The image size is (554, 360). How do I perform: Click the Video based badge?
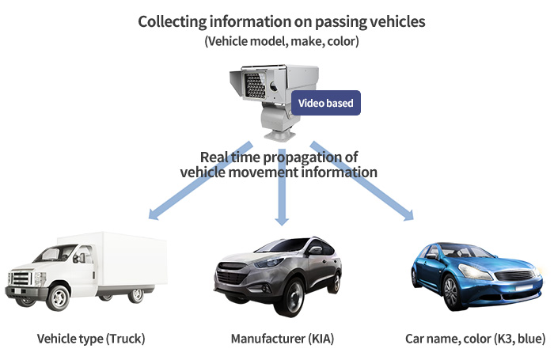(x=326, y=103)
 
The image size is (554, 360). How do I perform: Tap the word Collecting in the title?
(x=172, y=21)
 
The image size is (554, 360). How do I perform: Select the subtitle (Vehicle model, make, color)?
(x=282, y=41)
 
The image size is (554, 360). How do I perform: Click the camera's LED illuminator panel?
(x=254, y=85)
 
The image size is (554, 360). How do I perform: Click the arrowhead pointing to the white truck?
(x=154, y=214)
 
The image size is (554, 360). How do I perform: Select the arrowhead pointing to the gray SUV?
(x=282, y=220)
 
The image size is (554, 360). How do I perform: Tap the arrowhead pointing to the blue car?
(x=408, y=214)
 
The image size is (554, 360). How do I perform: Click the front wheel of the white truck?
(x=59, y=297)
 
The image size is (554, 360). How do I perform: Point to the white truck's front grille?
(x=21, y=278)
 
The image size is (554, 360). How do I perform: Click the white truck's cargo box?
(x=131, y=260)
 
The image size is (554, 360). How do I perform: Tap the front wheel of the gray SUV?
(x=291, y=297)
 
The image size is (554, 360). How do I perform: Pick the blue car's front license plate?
(x=526, y=288)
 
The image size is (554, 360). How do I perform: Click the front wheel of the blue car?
(x=451, y=293)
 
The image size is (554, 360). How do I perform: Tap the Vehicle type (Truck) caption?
(x=91, y=339)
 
